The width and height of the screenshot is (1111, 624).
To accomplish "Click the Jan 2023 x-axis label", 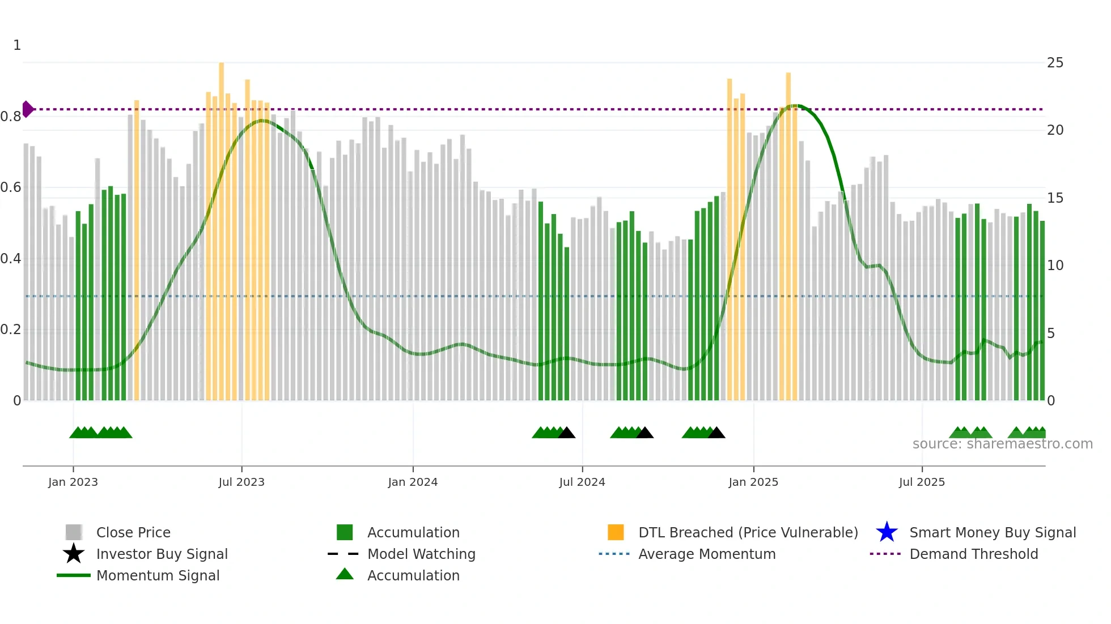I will click(73, 482).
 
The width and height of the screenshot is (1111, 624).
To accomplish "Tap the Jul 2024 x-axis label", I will click(582, 482).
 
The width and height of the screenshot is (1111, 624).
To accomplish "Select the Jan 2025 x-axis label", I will click(753, 482).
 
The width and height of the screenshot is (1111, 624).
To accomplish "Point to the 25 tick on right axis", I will click(1055, 63).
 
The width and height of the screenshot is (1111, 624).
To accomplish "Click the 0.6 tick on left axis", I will click(11, 187).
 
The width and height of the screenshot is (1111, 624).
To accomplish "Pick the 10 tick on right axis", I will click(1055, 266).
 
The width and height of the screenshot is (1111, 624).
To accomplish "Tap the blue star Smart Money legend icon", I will click(887, 532).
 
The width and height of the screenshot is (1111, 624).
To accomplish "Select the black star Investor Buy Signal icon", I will click(74, 554).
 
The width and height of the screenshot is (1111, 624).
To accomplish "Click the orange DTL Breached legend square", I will click(616, 532).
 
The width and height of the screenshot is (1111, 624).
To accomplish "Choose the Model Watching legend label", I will click(421, 554).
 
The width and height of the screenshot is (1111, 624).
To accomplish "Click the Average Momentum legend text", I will click(707, 554).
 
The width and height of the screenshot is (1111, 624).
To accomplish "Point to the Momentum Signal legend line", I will click(74, 575).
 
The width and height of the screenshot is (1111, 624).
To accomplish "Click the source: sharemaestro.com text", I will click(1002, 444).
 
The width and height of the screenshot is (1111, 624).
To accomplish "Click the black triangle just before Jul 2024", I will click(567, 433).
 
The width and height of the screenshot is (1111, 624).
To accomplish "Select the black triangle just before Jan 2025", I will click(716, 433).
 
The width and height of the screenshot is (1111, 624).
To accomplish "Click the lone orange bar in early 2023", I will click(137, 249).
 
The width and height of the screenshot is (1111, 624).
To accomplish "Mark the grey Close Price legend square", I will click(74, 532).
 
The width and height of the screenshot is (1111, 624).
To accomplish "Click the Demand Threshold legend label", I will click(973, 554).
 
